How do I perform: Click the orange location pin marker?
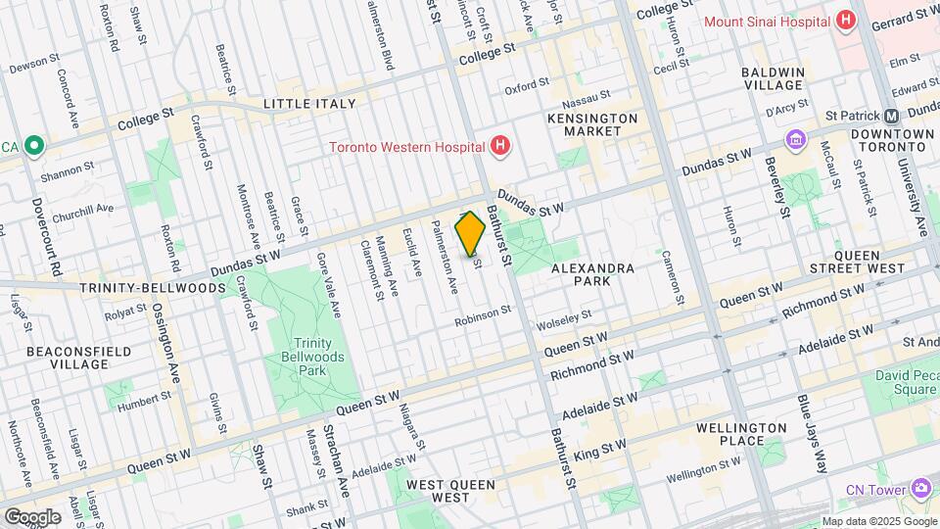471,233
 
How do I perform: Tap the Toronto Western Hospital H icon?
500,148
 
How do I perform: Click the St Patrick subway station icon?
892,116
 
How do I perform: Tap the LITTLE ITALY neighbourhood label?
305,103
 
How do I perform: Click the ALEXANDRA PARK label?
592,274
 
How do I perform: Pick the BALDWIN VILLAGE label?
773,80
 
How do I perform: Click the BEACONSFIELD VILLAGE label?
68,357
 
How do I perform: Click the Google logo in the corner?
32,516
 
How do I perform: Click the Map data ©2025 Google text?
878,521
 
